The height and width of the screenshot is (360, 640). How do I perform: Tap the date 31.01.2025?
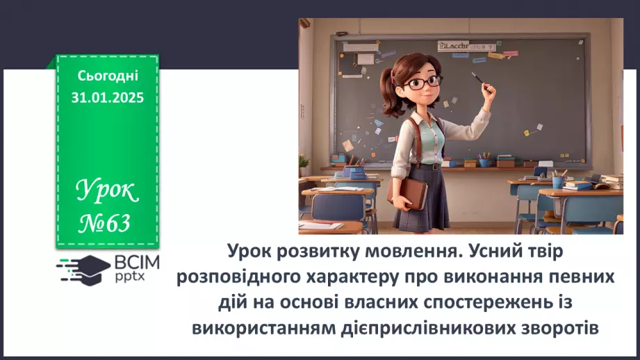tap(108, 97)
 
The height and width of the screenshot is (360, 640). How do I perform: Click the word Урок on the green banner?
tap(106, 189)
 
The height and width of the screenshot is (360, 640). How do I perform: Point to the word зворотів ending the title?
tap(558, 327)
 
